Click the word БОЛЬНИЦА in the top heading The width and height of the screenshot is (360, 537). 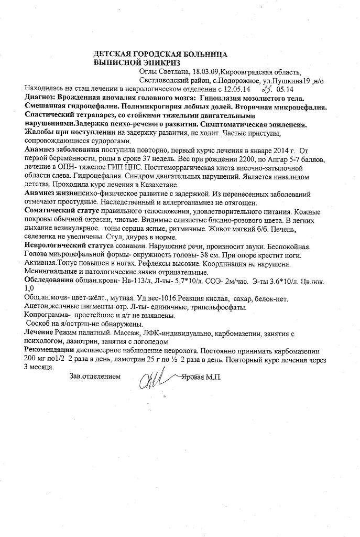tap(202, 54)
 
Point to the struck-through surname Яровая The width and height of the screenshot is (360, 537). tap(197, 377)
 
